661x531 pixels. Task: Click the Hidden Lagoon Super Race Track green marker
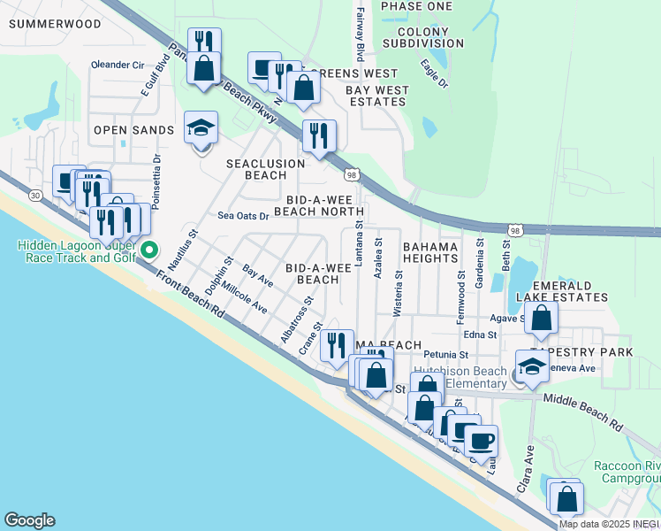(x=149, y=250)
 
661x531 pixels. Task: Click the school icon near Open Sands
(x=201, y=128)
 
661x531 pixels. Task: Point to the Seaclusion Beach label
(x=265, y=169)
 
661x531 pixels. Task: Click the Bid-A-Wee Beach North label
(x=318, y=205)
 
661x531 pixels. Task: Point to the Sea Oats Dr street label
(x=242, y=216)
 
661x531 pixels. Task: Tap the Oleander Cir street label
(x=118, y=65)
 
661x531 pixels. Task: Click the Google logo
(x=29, y=520)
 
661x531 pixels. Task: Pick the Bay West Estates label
(x=376, y=96)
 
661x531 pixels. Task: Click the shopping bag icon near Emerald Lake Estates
(x=541, y=318)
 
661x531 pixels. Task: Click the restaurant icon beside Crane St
(x=336, y=343)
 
